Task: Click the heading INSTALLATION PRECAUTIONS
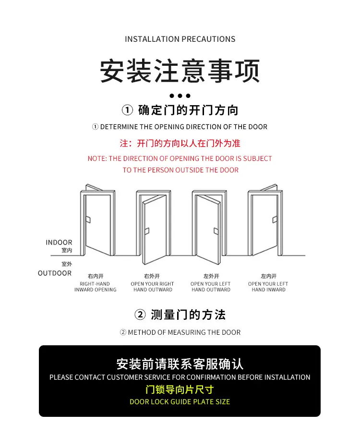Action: (x=180, y=39)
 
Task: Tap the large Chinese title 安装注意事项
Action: (x=180, y=71)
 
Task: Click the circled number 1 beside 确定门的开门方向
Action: (x=127, y=110)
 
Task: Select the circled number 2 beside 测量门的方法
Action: (x=140, y=315)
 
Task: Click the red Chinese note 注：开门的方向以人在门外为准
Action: (x=180, y=144)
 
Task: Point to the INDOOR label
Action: (x=59, y=243)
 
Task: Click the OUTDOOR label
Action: (x=55, y=273)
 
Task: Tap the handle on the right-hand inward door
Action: (x=88, y=219)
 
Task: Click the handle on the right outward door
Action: (x=147, y=231)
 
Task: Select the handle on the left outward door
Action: (x=216, y=231)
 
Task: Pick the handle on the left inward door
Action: (x=275, y=219)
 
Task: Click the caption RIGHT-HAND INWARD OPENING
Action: (x=96, y=287)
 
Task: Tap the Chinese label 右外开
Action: (x=152, y=276)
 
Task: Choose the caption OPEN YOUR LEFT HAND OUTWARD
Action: (x=211, y=287)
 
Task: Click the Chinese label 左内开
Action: (x=268, y=276)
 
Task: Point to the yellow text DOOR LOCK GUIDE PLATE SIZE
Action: (x=180, y=401)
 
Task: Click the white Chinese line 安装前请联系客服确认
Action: (x=180, y=364)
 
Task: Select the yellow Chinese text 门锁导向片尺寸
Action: (x=180, y=390)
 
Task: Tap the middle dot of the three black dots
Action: (x=180, y=96)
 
